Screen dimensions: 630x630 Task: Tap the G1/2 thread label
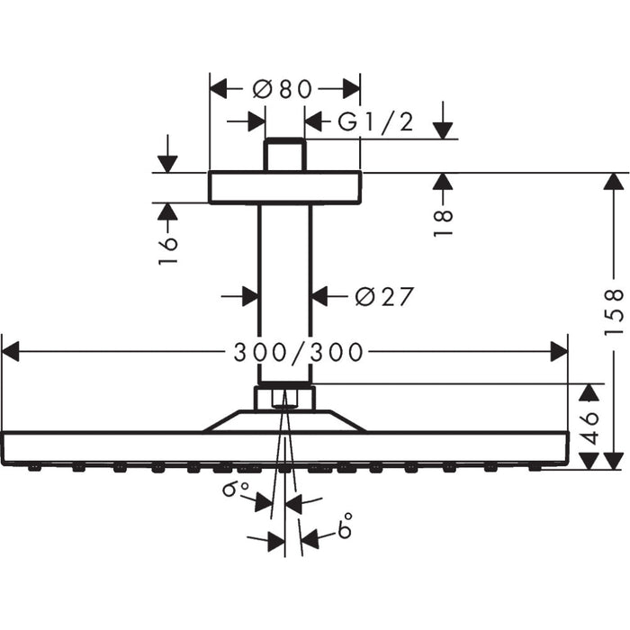coord(375,122)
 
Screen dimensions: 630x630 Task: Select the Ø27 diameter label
coord(383,296)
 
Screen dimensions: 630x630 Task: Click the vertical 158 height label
coord(614,311)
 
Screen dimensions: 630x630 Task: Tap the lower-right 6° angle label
coord(344,527)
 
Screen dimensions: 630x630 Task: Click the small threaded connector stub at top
coord(284,155)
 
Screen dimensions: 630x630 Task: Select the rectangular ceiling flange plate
coord(284,187)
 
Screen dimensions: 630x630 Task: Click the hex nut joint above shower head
coord(284,397)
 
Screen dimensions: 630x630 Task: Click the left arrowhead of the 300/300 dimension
coord(11,352)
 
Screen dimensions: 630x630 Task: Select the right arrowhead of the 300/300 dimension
coord(559,352)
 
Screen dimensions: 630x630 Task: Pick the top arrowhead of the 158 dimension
coord(614,181)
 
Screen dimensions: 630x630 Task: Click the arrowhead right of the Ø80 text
coord(350,88)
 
